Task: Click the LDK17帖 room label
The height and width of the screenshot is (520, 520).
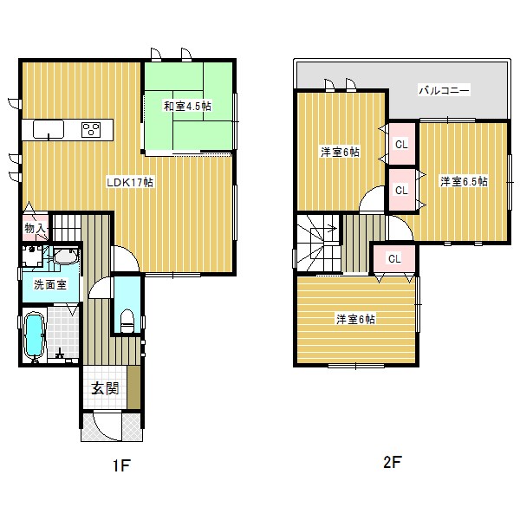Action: coord(130,182)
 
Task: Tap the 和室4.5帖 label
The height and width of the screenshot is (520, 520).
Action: coord(187,106)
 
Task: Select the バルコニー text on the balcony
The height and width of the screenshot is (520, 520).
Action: coord(445,90)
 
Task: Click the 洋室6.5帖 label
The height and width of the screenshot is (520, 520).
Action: coord(464,182)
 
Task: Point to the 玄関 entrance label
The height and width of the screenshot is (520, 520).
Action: coord(105,388)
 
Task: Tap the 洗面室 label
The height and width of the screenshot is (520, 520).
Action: coord(50,284)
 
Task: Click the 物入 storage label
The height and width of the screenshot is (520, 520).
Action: coord(35,229)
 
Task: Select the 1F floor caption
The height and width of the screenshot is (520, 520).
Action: coord(121,465)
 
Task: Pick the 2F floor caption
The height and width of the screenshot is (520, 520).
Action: coord(393,462)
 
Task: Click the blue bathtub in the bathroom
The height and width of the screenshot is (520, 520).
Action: coord(35,335)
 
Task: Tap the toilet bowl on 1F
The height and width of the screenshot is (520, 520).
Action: coord(127,321)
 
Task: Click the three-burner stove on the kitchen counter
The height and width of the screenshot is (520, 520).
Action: coord(91,130)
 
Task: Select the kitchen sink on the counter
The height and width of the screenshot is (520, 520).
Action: coord(49,129)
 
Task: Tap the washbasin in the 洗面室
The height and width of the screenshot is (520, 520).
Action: coord(66,257)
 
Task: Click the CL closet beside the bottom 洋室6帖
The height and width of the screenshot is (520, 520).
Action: coord(394,258)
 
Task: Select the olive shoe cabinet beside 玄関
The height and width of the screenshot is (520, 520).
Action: coord(133,387)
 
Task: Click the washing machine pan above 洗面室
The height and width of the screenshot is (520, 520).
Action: coord(32,256)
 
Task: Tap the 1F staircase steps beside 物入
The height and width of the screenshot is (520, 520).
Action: coord(68,228)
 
